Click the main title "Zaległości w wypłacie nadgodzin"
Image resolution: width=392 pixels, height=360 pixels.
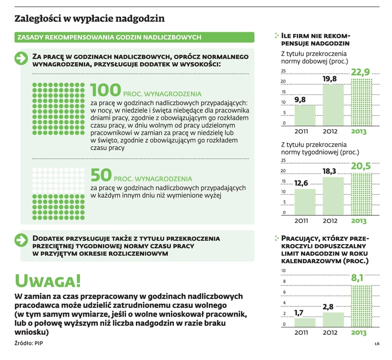(x=89, y=19)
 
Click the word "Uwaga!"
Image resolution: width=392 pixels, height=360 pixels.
(x=48, y=280)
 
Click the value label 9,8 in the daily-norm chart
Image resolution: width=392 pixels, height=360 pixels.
(x=300, y=100)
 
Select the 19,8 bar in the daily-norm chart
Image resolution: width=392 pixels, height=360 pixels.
(x=333, y=105)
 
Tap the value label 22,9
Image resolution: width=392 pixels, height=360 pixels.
(x=360, y=72)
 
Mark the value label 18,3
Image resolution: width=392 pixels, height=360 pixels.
(x=329, y=171)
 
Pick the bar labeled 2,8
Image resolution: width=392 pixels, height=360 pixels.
(x=333, y=319)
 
